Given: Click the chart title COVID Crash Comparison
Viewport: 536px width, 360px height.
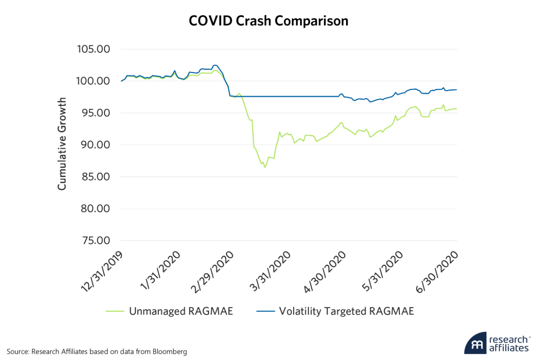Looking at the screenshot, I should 268,21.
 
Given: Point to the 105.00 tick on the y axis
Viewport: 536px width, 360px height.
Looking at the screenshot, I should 94,49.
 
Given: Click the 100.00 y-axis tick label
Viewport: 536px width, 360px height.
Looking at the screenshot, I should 94,81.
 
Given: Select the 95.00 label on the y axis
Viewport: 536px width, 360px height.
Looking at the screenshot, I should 94,113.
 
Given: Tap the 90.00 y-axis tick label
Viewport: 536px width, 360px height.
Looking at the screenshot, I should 94,145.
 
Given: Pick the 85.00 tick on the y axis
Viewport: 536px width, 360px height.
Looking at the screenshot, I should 94,177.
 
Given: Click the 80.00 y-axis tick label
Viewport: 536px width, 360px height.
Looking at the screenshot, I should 94,209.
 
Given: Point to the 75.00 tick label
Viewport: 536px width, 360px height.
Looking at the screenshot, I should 94,241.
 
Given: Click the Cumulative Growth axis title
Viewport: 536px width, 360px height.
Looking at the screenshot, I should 62,144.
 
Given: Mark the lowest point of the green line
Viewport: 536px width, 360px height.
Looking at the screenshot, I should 265,167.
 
